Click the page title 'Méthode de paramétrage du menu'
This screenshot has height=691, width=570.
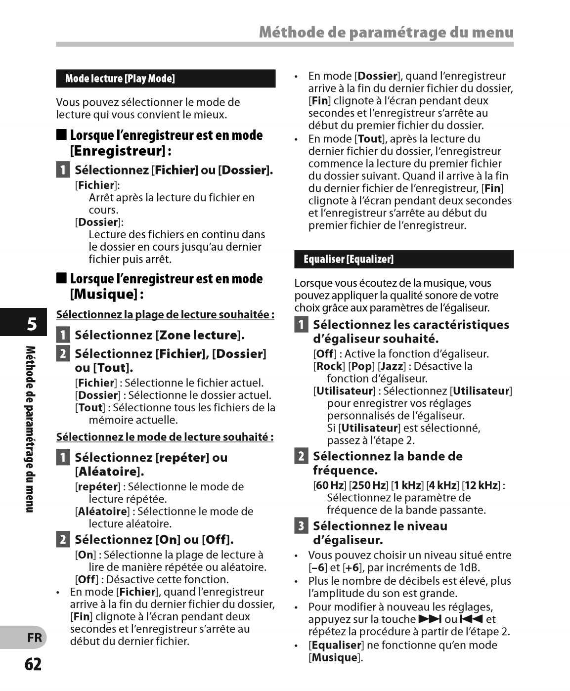pos(386,32)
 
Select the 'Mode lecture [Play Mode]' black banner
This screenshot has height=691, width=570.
pos(166,79)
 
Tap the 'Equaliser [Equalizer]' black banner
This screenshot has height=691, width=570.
pos(404,259)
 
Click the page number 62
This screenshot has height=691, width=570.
pos(33,664)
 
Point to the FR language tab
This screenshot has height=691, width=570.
pos(34,638)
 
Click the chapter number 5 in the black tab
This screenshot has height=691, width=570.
pos(32,324)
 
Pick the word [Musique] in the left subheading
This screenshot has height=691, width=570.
pos(104,294)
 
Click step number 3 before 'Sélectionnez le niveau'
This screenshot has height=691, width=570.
pos(301,526)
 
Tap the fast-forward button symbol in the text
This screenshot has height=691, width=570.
pos(430,619)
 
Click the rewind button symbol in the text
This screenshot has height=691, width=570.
pos(471,619)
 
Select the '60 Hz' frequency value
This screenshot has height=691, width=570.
pos(330,485)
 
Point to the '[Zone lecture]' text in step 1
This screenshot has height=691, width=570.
pos(200,335)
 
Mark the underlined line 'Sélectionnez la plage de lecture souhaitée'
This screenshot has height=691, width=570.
pos(165,314)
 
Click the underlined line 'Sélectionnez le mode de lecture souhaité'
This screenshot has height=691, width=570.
pos(165,437)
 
